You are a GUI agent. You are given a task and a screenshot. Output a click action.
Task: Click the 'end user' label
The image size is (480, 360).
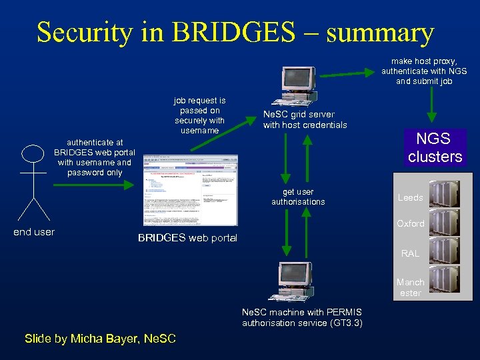pyautogui.click(x=34, y=232)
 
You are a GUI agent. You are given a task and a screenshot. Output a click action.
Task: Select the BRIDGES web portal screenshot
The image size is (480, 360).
pyautogui.click(x=190, y=190)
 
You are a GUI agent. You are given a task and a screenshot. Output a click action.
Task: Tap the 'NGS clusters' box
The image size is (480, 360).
pyautogui.click(x=435, y=148)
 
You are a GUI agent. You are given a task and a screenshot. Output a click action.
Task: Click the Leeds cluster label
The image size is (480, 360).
pyautogui.click(x=410, y=198)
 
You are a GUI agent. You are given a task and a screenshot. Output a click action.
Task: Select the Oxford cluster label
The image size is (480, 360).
pyautogui.click(x=410, y=223)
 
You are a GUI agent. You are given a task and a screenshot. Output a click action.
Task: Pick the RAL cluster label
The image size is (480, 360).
pyautogui.click(x=410, y=253)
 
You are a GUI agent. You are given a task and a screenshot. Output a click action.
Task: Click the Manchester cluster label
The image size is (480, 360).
pyautogui.click(x=410, y=287)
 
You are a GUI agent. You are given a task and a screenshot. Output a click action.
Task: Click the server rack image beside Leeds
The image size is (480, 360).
pyautogui.click(x=444, y=194)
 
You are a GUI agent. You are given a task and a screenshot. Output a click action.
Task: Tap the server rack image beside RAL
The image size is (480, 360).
pyautogui.click(x=444, y=251)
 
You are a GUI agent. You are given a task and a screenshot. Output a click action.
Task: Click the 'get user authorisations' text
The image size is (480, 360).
pyautogui.click(x=298, y=197)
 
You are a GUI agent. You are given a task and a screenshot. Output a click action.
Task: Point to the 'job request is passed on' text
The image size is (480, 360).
pyautogui.click(x=199, y=115)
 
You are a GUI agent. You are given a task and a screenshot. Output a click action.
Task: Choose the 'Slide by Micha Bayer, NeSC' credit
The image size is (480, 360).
pyautogui.click(x=100, y=339)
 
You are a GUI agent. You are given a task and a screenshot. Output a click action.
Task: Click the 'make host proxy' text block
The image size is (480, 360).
pyautogui.click(x=424, y=71)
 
